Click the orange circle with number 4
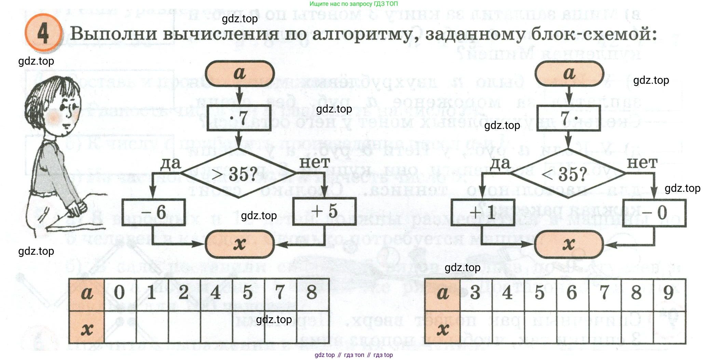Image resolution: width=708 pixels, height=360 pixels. click(43, 33)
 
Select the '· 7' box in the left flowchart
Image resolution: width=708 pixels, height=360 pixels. click(239, 118)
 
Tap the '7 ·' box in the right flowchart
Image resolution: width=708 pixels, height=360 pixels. click(569, 118)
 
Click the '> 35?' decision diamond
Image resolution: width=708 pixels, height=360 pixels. click(239, 174)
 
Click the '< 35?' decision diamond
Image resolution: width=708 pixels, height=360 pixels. click(568, 174)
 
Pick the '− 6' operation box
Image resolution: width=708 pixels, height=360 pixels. click(154, 212)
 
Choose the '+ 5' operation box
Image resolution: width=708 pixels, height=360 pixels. click(325, 211)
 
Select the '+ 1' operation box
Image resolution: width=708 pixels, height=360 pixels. click(483, 212)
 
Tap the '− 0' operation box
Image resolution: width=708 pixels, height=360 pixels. click(654, 213)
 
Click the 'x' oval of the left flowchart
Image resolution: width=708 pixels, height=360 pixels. click(240, 244)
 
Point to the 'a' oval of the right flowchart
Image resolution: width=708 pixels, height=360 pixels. click(569, 74)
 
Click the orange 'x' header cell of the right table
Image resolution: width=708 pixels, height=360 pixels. click(442, 328)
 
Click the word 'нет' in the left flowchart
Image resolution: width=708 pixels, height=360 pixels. click(314, 162)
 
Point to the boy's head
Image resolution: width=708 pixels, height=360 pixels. click(55, 106)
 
